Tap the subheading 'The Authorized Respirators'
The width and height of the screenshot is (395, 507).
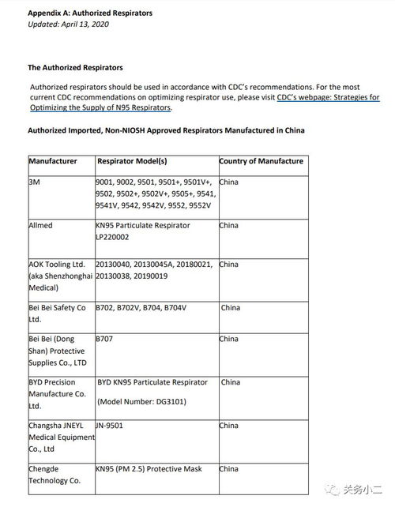point(75,68)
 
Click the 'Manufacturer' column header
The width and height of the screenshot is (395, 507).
point(53,161)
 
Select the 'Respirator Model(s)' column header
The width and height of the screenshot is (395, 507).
point(132,161)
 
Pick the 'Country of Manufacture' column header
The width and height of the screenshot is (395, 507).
point(261,161)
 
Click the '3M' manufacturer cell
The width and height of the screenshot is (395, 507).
point(35,182)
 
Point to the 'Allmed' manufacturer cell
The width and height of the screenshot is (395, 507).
point(41,225)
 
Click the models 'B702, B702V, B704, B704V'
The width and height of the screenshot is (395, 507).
point(141,307)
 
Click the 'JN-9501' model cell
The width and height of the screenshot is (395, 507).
point(110,425)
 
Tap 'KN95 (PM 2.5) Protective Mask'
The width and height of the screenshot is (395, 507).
point(149,468)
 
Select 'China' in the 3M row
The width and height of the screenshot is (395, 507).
point(228,182)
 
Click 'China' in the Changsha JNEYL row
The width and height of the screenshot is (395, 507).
point(228,425)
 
